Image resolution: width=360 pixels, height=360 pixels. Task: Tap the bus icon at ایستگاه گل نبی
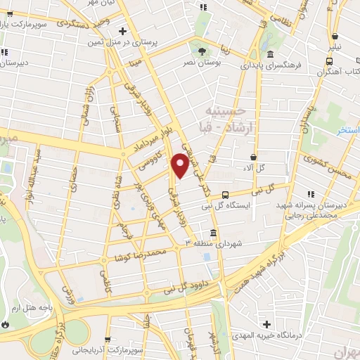click(225, 195)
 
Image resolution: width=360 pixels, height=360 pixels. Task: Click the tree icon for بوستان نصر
click(202, 51)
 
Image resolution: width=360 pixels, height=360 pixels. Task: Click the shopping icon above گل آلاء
click(252, 157)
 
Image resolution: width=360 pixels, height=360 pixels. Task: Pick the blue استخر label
click(346, 131)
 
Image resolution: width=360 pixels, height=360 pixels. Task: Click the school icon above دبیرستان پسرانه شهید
click(309, 194)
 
